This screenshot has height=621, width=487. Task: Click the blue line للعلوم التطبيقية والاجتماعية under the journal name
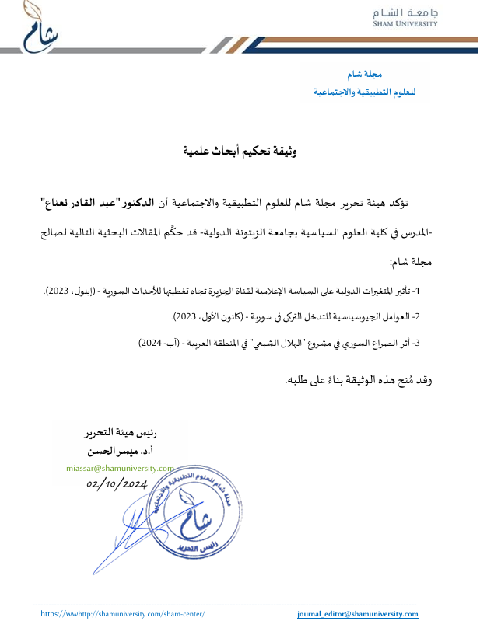click(x=365, y=92)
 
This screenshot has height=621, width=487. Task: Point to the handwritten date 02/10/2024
click(x=117, y=483)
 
